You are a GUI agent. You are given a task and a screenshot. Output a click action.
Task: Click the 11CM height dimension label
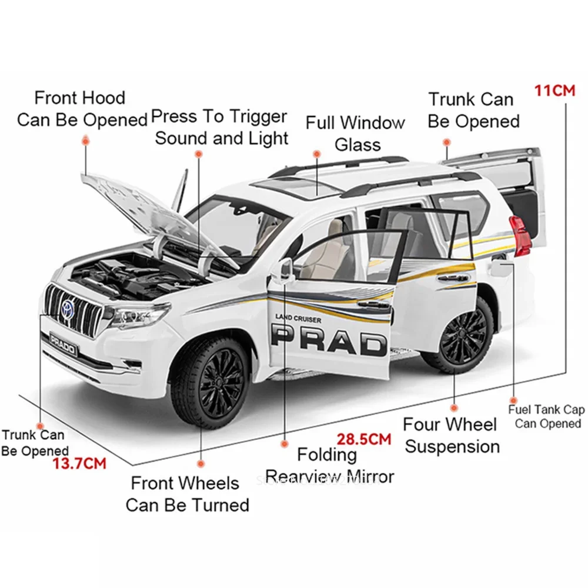[x=554, y=91]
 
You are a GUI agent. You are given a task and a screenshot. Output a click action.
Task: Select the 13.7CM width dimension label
[x=79, y=463]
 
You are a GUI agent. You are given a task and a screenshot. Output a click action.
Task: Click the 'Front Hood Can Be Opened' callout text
[x=81, y=108]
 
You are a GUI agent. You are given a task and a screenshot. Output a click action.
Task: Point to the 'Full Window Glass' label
[x=355, y=133]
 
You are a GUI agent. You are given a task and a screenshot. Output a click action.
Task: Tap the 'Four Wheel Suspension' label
[x=452, y=435]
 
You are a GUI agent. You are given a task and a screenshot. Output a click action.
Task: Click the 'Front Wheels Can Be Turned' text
[x=187, y=494]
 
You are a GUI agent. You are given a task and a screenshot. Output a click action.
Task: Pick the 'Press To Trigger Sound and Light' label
[x=220, y=127]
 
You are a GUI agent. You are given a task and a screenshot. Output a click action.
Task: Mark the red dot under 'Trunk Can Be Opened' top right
[x=446, y=142]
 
